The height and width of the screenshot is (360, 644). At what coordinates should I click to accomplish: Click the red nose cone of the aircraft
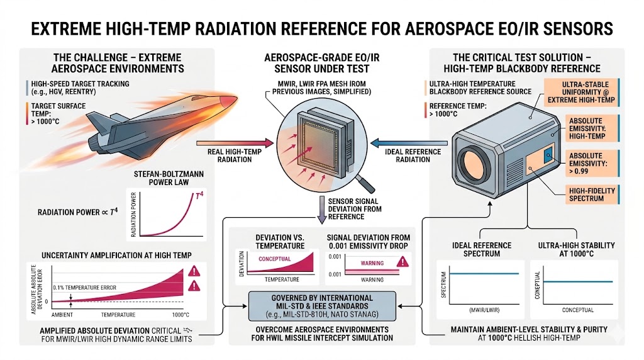(x=227, y=101)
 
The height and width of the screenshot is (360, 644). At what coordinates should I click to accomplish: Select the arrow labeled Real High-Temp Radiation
(x=235, y=143)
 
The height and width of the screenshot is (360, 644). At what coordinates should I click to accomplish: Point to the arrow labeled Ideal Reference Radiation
(x=409, y=143)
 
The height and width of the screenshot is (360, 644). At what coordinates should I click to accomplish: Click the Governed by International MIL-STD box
(x=323, y=306)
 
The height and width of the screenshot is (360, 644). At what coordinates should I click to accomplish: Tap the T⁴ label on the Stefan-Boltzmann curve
(x=199, y=196)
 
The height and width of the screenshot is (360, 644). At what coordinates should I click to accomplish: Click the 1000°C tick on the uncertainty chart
(x=180, y=315)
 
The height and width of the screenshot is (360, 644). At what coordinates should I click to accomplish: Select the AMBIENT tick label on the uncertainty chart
(x=62, y=315)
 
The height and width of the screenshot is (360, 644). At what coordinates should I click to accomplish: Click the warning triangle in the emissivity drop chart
(x=403, y=261)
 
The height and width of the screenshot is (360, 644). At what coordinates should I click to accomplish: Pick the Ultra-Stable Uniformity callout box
(x=582, y=92)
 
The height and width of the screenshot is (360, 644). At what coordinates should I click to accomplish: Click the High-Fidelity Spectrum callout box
(x=591, y=194)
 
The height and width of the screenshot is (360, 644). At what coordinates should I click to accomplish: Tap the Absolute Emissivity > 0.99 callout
(x=591, y=163)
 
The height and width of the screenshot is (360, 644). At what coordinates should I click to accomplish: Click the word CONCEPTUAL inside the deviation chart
(x=274, y=259)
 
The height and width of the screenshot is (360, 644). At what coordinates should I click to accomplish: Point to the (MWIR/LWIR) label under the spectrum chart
(x=484, y=310)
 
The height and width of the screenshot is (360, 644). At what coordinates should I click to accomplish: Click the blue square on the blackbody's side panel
(x=548, y=155)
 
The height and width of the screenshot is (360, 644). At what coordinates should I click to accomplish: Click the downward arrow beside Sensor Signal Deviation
(x=322, y=210)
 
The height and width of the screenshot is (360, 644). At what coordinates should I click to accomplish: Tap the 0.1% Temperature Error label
(x=85, y=288)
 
